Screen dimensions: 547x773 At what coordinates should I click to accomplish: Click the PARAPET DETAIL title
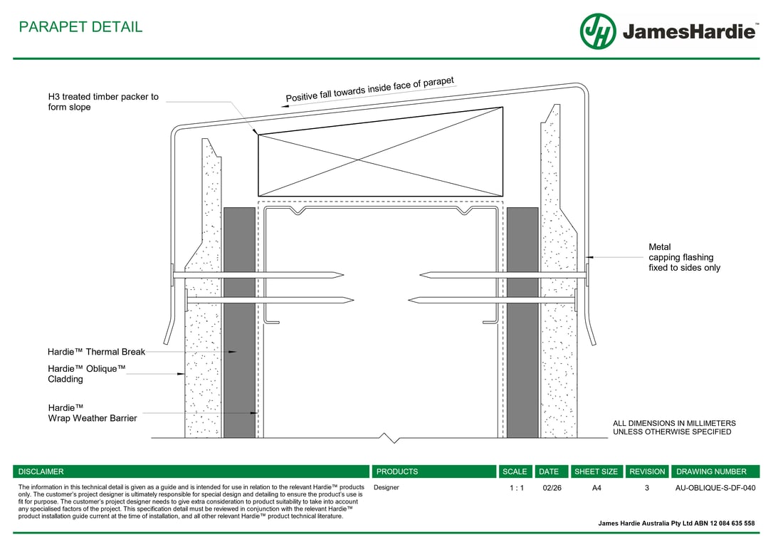80,27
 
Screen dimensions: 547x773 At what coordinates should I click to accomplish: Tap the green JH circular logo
598,31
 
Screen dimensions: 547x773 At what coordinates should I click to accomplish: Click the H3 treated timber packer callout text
103,102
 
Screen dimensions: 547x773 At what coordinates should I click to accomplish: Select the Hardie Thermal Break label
96,352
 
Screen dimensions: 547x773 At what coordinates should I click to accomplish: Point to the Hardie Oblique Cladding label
86,374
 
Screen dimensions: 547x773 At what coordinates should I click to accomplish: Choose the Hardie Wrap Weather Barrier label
92,413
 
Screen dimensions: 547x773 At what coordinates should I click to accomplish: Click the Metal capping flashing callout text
684,258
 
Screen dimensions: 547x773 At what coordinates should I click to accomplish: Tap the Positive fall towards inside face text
369,90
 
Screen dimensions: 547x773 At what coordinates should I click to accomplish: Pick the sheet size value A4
596,489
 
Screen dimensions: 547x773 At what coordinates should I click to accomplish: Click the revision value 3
647,489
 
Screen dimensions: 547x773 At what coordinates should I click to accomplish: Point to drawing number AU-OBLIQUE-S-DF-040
715,489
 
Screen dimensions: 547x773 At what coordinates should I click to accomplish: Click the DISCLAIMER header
41,472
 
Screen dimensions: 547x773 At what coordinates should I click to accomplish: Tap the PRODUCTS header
397,472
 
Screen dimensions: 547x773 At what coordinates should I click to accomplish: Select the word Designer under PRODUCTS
386,488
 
